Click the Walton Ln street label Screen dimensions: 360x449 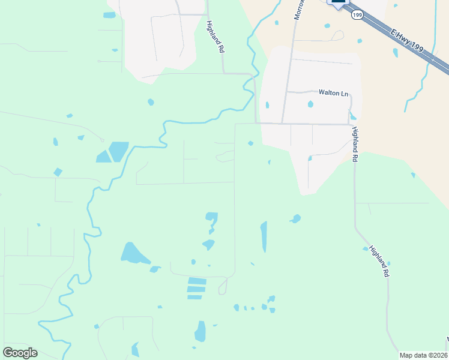(x=333, y=93)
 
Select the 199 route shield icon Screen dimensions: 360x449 (x=357, y=14)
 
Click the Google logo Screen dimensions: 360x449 (x=20, y=353)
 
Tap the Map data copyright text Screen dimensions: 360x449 (x=423, y=355)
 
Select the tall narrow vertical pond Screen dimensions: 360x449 (x=264, y=236)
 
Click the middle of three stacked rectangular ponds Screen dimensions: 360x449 (x=196, y=289)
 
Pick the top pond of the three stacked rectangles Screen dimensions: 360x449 (x=197, y=281)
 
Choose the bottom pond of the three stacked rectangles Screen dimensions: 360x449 (x=195, y=297)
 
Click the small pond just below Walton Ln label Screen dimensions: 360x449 (x=310, y=104)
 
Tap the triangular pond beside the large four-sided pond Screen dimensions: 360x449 (x=103, y=157)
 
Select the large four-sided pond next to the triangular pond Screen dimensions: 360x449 (x=119, y=151)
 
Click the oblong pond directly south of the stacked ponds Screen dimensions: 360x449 (x=200, y=331)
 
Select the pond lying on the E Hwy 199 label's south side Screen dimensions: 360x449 (x=395, y=52)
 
